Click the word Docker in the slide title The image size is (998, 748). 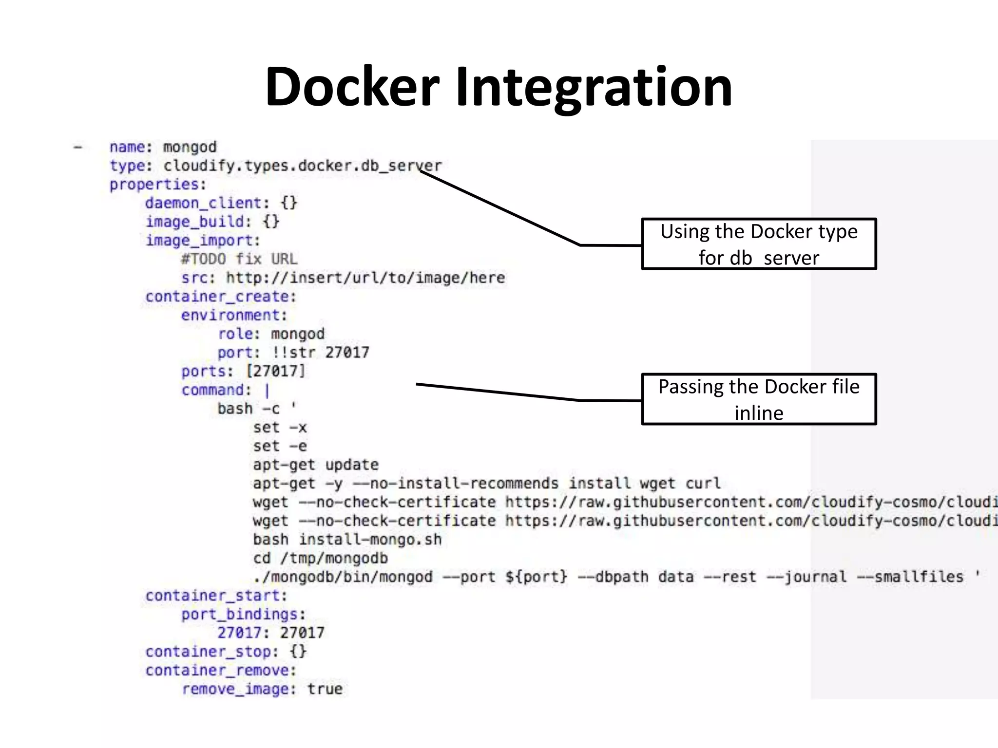tap(352, 88)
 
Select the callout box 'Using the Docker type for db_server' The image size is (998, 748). tap(758, 244)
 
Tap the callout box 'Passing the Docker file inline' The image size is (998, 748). tap(758, 399)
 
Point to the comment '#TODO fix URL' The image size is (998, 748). tap(239, 259)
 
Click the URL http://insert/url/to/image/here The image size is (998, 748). tap(365, 278)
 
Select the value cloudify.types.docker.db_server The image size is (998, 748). tap(302, 166)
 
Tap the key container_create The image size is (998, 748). tap(220, 297)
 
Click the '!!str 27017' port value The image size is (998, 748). tap(320, 353)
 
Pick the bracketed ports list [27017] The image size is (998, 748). tap(275, 371)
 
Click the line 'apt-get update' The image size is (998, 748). tap(315, 465)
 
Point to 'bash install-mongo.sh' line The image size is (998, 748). tap(347, 540)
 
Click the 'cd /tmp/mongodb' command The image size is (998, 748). tap(320, 558)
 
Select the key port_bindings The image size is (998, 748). tap(243, 615)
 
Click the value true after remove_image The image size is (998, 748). tap(325, 689)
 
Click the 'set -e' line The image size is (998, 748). tap(280, 446)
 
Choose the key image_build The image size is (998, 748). tap(198, 222)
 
